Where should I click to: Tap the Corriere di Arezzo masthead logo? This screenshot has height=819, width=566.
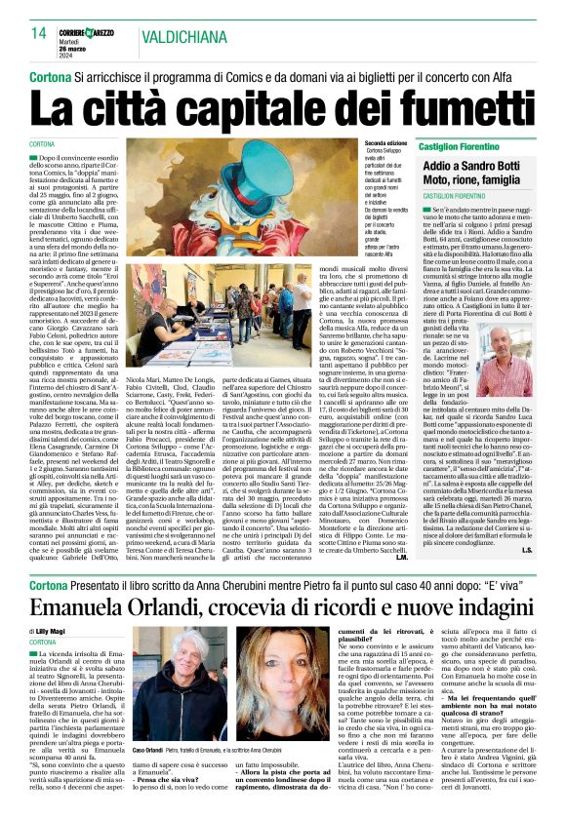(x=93, y=32)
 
